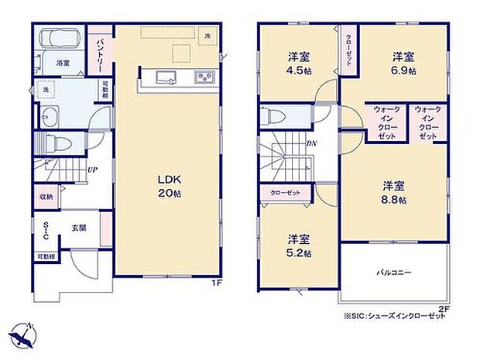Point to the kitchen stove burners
click(x=204, y=77)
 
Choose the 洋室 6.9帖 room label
click(x=403, y=63)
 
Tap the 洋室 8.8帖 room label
click(x=394, y=192)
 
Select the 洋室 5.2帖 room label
click(x=298, y=245)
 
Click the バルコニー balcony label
click(x=394, y=273)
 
